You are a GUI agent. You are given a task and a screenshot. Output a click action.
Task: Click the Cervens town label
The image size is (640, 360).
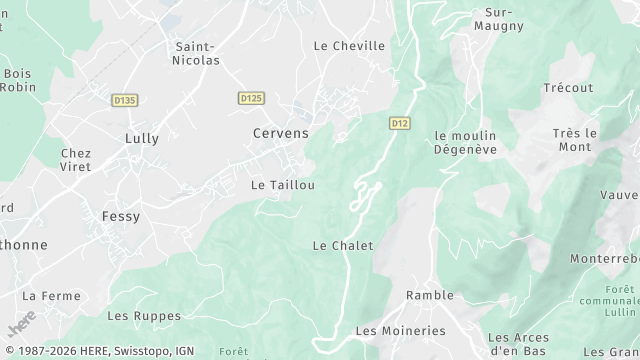click(x=279, y=133)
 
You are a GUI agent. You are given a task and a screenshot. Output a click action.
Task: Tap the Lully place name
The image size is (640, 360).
click(x=141, y=138)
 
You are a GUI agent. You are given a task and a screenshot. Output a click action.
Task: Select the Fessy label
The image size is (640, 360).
click(x=121, y=216)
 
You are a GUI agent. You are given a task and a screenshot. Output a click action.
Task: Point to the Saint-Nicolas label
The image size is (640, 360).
click(x=197, y=53)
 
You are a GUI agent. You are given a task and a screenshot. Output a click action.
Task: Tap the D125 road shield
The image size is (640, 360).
click(x=251, y=98)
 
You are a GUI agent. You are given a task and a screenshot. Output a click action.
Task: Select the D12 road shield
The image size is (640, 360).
click(x=400, y=123)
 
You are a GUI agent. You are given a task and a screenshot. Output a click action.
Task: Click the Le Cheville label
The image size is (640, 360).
click(x=349, y=45)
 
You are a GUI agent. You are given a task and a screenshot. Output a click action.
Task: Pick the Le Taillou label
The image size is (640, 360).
click(x=283, y=185)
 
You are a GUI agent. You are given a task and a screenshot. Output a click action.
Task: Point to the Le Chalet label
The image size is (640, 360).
click(x=343, y=245)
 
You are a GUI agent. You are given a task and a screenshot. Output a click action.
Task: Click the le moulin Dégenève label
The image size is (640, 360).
click(x=465, y=142)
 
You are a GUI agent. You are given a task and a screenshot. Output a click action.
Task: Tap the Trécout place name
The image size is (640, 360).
click(x=568, y=88)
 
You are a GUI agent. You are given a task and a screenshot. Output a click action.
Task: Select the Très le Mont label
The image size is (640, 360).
click(x=575, y=140)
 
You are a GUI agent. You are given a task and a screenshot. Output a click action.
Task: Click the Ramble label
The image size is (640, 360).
click(x=430, y=295)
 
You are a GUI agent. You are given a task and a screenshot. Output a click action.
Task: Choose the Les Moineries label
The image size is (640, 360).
click(x=400, y=330)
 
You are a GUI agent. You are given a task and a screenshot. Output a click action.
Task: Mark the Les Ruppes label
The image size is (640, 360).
click(x=144, y=316)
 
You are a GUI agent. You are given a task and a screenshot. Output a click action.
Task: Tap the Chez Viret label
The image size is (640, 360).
click(x=76, y=160)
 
